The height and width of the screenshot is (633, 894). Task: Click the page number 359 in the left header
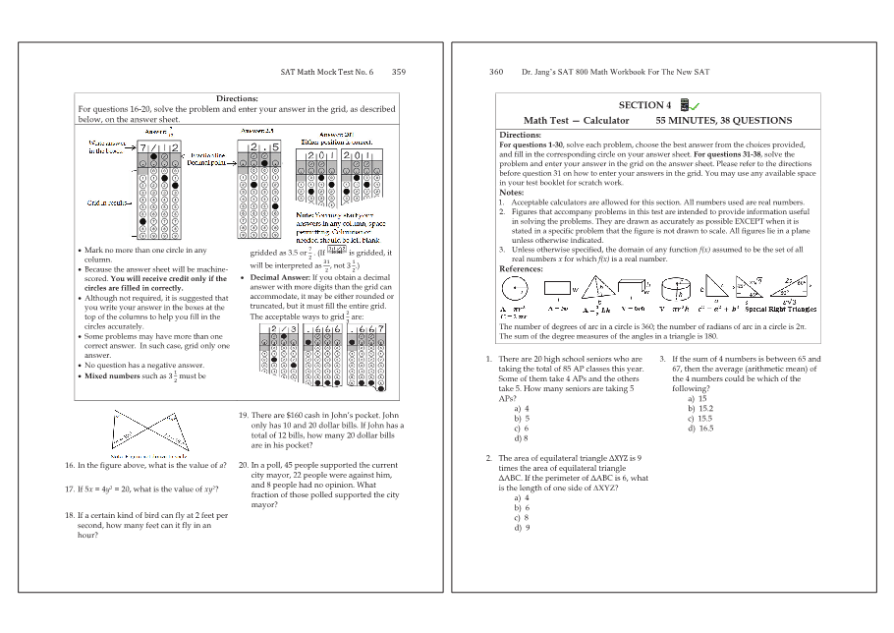398,72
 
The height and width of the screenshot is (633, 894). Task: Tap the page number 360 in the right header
496,72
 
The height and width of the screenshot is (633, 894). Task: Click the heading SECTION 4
644,105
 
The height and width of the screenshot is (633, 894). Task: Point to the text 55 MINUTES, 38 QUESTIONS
723,121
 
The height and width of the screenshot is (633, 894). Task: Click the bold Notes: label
512,193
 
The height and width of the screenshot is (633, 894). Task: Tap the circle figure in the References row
513,289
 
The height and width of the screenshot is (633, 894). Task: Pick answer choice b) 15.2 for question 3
700,408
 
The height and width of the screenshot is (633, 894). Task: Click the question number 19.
244,416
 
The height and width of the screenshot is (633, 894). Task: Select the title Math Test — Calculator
576,121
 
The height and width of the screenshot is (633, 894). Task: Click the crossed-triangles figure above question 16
149,432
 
